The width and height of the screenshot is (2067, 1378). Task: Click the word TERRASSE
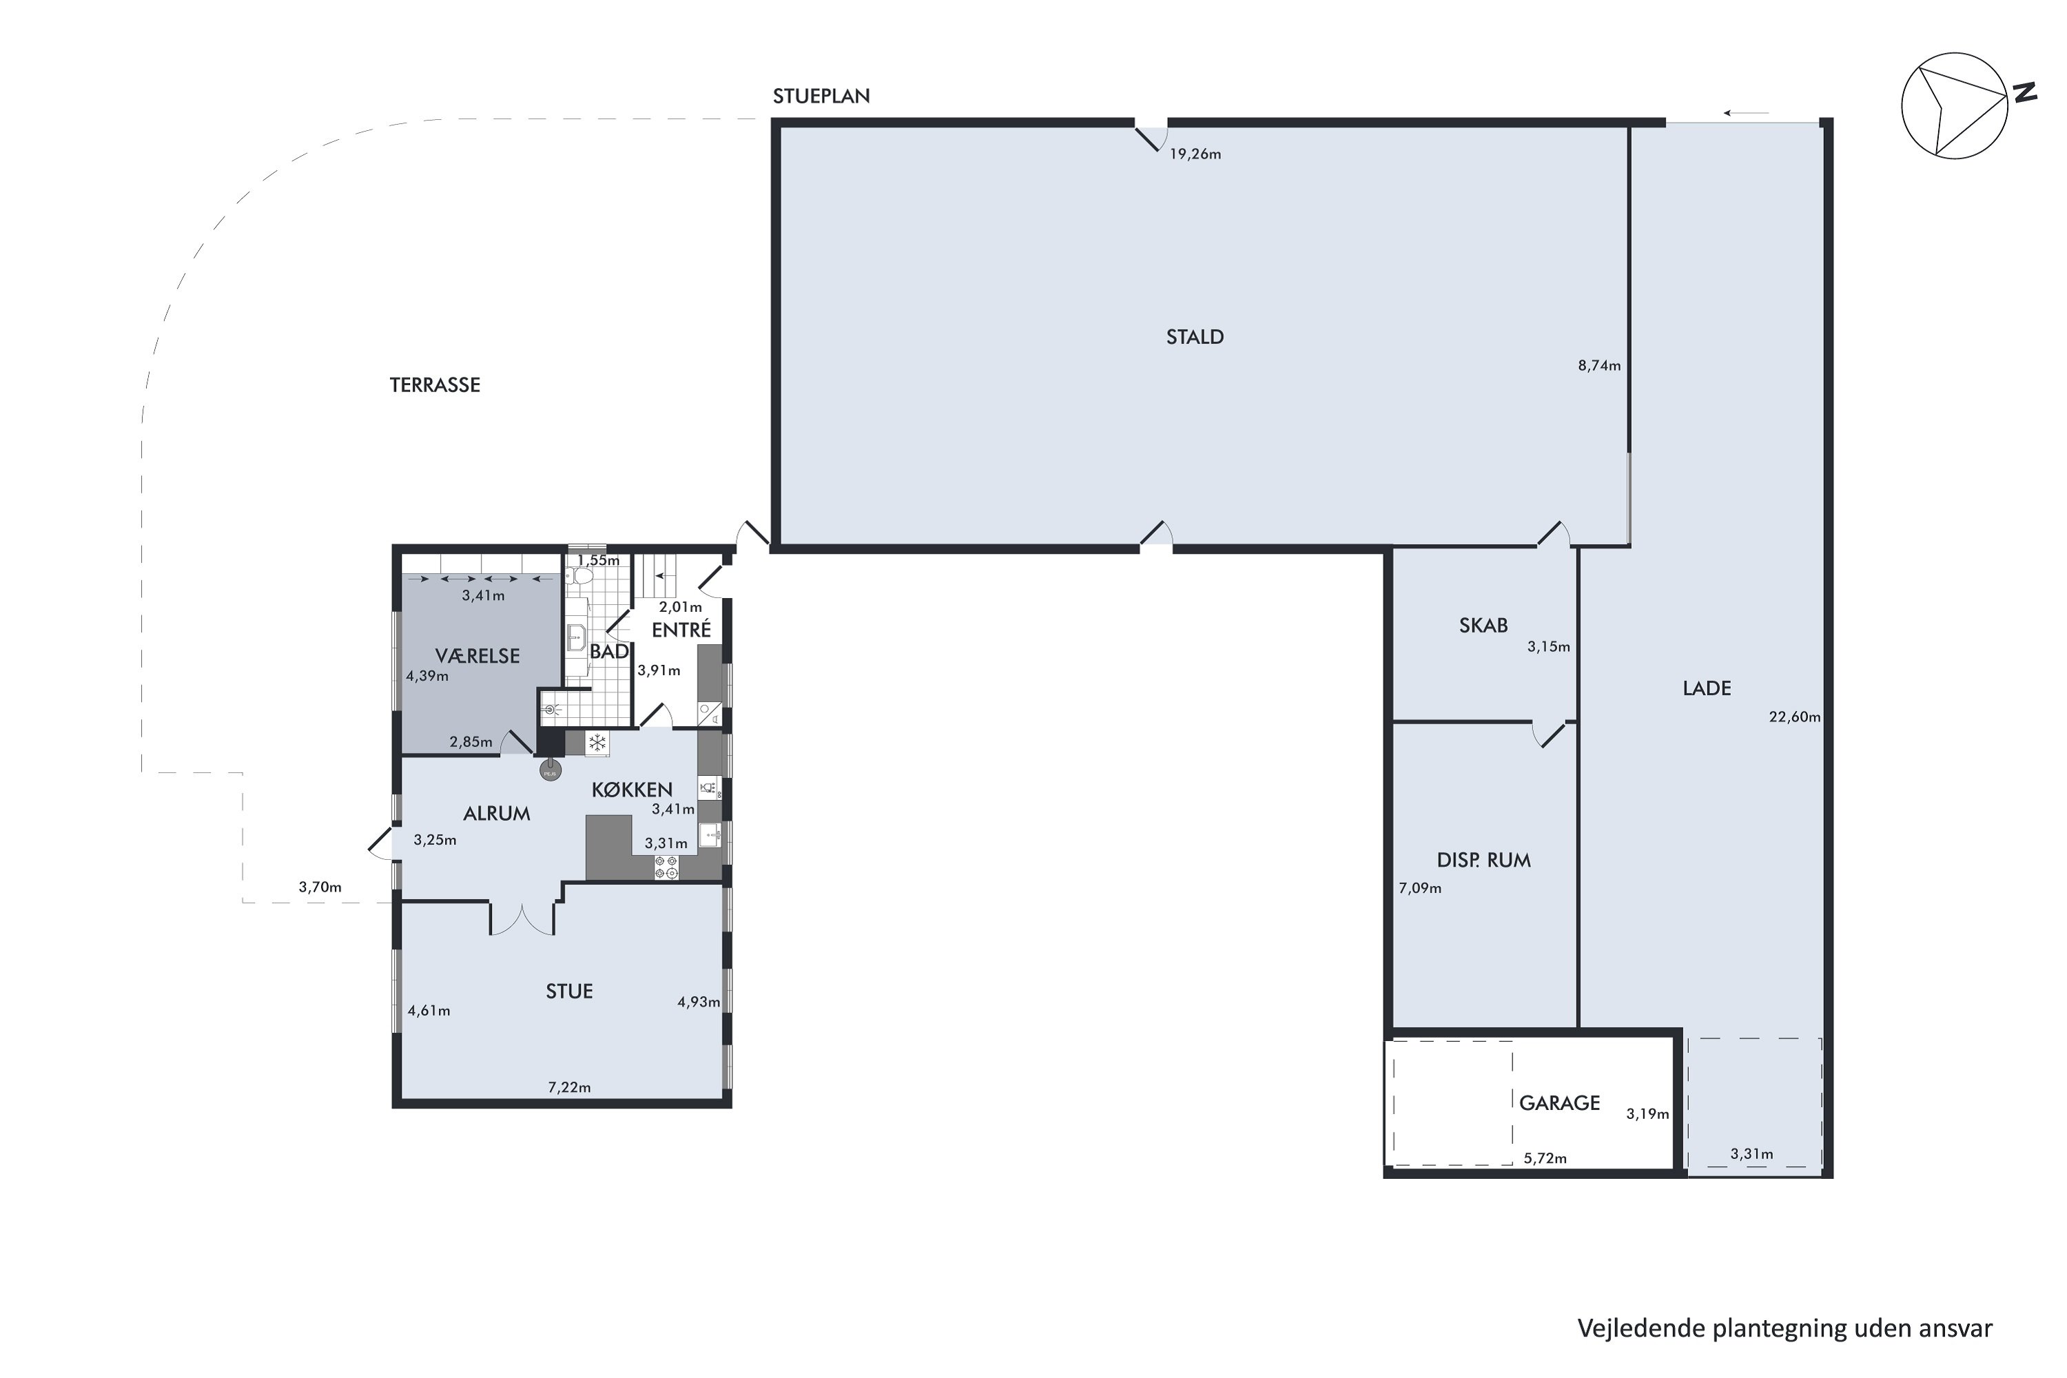[434, 385]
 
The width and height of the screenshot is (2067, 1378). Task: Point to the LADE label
[1706, 688]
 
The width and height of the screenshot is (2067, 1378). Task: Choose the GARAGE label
[1559, 1103]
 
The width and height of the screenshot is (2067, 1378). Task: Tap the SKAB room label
[1483, 626]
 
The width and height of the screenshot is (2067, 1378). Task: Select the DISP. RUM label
[1483, 861]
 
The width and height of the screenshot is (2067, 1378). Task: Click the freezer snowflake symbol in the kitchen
[597, 743]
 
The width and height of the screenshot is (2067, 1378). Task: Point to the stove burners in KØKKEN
[666, 867]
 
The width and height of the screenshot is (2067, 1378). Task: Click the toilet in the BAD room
[580, 577]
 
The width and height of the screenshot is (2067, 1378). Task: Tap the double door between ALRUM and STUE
[522, 919]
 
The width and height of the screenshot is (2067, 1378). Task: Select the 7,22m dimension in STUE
[570, 1087]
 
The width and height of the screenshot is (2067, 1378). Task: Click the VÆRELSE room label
[477, 656]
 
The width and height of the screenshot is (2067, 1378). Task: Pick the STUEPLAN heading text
[821, 96]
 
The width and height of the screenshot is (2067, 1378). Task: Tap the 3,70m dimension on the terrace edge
[320, 887]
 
